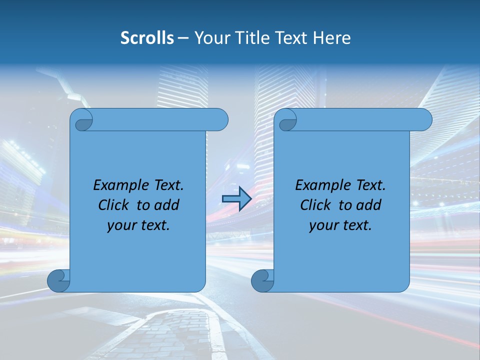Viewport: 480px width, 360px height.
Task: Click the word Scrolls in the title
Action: (x=147, y=38)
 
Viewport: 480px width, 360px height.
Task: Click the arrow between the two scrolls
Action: (x=236, y=199)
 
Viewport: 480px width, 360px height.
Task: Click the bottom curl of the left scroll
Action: (x=58, y=280)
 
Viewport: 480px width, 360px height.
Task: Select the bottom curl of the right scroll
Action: (x=262, y=280)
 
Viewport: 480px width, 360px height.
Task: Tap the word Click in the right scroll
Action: (x=316, y=205)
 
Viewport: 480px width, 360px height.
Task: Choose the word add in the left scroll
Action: (x=167, y=205)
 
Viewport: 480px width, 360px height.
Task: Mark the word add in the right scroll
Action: (x=369, y=205)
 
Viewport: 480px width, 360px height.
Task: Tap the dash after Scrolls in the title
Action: (x=183, y=38)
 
